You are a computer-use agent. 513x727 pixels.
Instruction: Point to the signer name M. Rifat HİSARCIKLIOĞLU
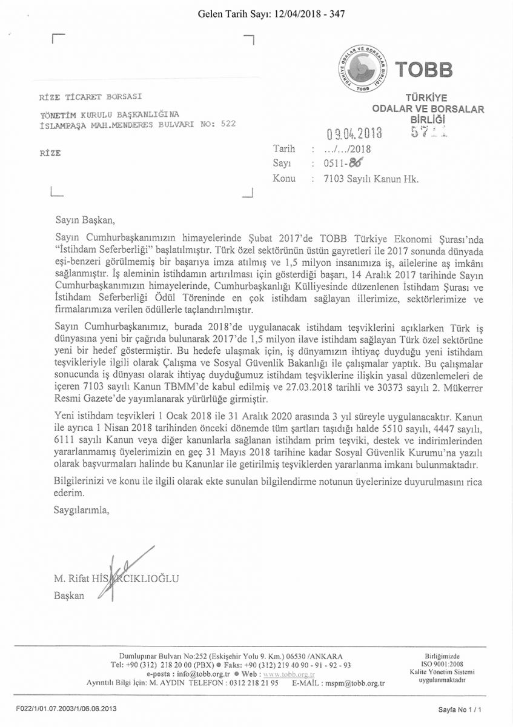point(116,579)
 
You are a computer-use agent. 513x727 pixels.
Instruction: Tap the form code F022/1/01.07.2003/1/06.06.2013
point(67,708)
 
